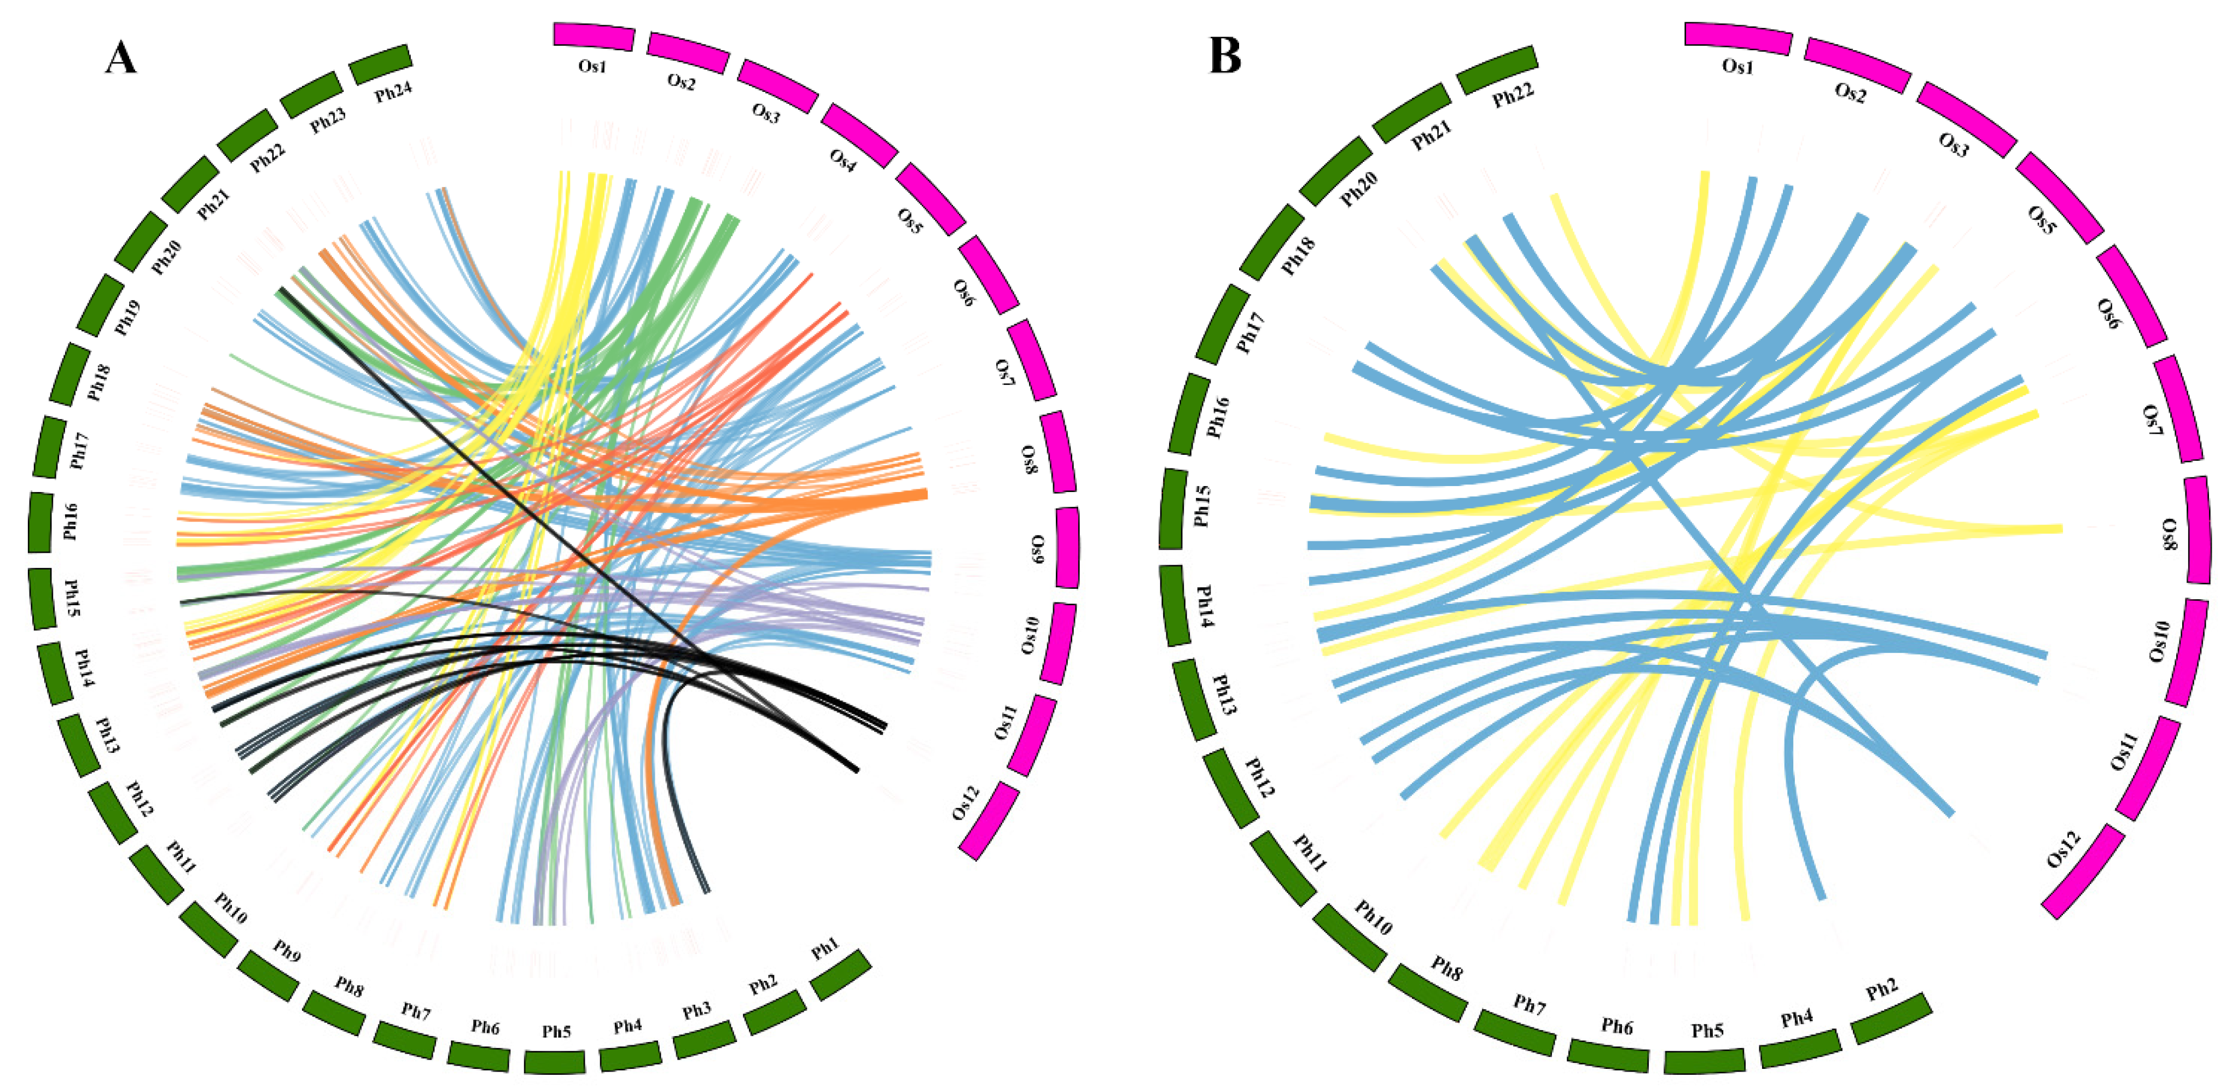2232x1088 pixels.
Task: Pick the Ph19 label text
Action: pos(127,317)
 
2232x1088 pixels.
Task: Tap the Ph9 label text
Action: pos(287,950)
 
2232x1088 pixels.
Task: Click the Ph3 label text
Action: pos(696,1010)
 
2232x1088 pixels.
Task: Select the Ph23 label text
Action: pos(328,120)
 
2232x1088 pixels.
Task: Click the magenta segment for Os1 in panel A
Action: pos(594,37)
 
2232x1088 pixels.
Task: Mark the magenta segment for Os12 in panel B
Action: pos(2083,871)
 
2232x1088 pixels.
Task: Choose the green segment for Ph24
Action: pos(380,63)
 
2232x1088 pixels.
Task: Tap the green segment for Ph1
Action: pos(840,974)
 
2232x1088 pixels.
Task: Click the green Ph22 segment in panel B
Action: pos(1497,69)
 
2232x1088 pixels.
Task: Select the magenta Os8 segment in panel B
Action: pos(2198,530)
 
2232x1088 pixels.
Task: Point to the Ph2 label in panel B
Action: pos(1882,989)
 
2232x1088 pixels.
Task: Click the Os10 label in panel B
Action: pos(2158,641)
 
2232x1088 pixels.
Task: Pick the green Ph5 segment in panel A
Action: pos(555,1062)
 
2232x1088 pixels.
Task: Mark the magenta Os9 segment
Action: pos(1067,547)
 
